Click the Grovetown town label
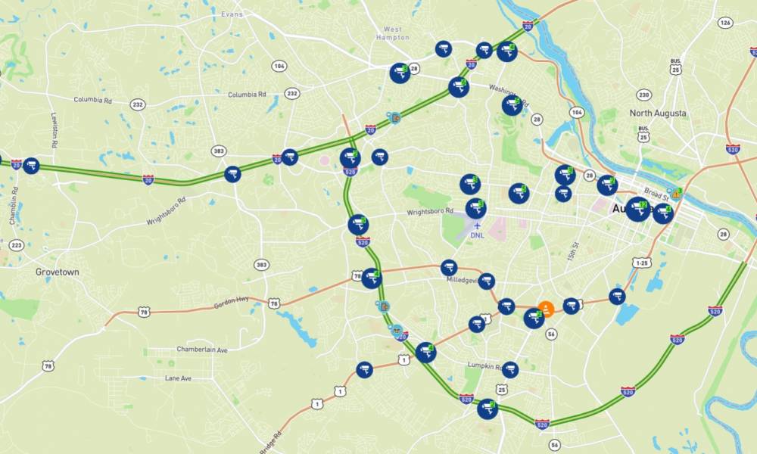(57, 272)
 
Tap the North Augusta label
(658, 113)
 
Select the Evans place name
(231, 14)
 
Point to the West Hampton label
(393, 33)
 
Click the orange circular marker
(546, 309)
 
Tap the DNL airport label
(477, 235)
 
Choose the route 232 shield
(137, 104)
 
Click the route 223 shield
(16, 245)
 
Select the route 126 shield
(725, 23)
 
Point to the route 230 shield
(643, 95)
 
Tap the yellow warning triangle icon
(676, 194)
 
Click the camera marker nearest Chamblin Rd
(31, 166)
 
